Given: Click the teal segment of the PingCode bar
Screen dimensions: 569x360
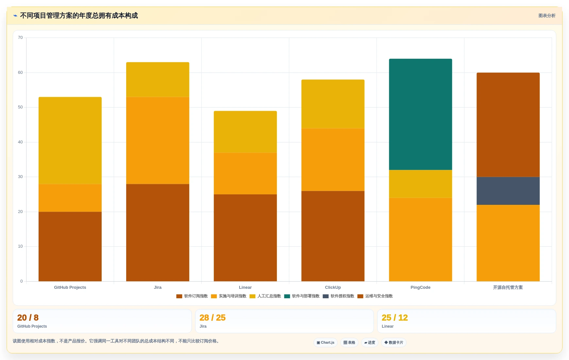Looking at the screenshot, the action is (x=420, y=114).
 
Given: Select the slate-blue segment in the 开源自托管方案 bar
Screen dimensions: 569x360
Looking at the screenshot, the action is (x=508, y=191).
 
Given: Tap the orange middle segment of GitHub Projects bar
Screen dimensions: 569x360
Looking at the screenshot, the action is (x=70, y=198).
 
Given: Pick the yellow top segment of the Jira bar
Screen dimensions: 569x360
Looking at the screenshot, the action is (x=158, y=79).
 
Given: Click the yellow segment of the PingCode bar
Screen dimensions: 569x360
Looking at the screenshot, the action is (x=420, y=184).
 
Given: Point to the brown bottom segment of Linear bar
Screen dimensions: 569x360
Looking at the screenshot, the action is (x=245, y=238).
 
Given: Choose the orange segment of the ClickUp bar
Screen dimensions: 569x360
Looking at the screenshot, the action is (x=333, y=160).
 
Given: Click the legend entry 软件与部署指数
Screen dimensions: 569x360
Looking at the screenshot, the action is (x=302, y=296).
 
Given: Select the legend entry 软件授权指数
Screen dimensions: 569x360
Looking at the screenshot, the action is (x=339, y=296).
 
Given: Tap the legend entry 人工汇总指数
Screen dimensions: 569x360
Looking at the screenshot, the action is (x=265, y=296).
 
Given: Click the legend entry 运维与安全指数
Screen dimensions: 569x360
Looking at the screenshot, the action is (x=375, y=296).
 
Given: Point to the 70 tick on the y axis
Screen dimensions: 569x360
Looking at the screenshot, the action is (x=20, y=38).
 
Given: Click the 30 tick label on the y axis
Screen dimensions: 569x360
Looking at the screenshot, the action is (x=20, y=177).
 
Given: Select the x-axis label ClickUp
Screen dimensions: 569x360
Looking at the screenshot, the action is (x=333, y=287).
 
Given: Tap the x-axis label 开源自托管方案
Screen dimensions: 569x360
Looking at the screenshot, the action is (x=508, y=287).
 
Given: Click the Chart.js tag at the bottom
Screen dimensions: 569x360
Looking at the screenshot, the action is (x=326, y=343).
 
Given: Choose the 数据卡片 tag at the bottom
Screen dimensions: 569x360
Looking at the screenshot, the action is (x=394, y=343).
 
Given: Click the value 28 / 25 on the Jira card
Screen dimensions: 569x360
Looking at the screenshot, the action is (x=212, y=318).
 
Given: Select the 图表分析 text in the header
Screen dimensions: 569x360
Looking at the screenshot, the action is (x=547, y=16).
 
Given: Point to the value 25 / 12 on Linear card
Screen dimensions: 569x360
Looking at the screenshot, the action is (x=395, y=318).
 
